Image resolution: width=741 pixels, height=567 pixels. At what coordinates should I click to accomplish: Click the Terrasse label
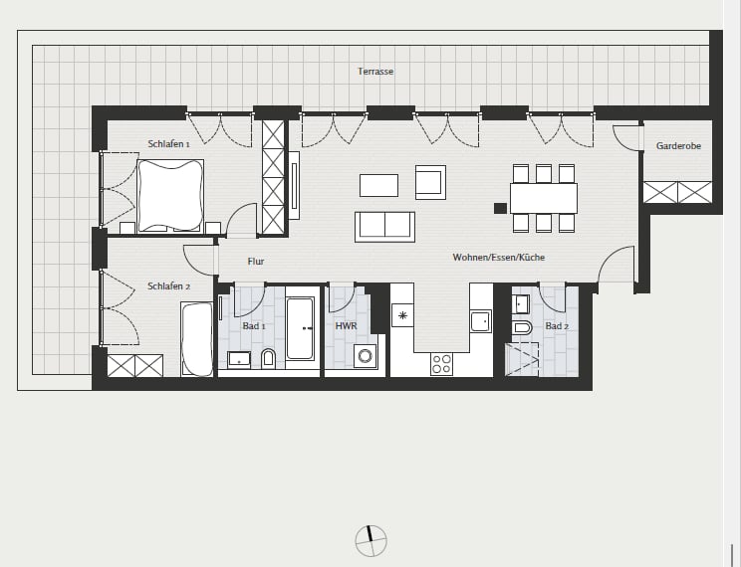point(375,72)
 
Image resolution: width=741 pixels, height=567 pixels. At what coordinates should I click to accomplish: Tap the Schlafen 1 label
point(168,144)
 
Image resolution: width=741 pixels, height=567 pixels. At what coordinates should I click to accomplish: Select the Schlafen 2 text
point(168,286)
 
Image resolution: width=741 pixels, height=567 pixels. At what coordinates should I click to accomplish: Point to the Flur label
point(256,262)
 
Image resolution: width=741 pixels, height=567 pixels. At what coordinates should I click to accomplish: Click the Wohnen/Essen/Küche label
point(499,258)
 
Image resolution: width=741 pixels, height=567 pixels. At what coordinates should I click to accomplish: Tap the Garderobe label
point(678,146)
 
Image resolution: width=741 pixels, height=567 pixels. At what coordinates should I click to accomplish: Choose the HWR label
point(346,326)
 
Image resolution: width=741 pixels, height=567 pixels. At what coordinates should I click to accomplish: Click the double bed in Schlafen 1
point(170,196)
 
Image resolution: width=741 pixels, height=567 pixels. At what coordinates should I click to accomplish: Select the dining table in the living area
point(544,198)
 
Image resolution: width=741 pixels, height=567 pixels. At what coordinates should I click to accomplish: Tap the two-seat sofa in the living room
point(384,227)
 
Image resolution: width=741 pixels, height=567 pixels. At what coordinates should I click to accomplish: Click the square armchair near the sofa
point(430,182)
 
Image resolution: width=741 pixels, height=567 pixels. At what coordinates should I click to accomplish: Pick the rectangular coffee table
point(378,186)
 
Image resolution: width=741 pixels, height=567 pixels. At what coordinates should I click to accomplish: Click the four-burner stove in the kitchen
point(441,364)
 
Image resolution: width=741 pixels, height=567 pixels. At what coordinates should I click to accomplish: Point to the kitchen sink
point(481,321)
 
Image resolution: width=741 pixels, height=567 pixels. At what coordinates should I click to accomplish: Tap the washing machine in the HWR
point(366,356)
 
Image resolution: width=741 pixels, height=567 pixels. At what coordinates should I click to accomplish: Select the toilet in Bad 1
point(268,359)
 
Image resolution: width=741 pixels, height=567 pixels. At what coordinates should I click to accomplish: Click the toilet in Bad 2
point(522,327)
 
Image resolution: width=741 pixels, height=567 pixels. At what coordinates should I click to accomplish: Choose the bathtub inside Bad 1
point(300,328)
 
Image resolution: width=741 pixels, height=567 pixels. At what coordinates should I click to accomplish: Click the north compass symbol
point(370,540)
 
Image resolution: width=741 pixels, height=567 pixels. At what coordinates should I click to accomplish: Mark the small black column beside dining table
point(500,208)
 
